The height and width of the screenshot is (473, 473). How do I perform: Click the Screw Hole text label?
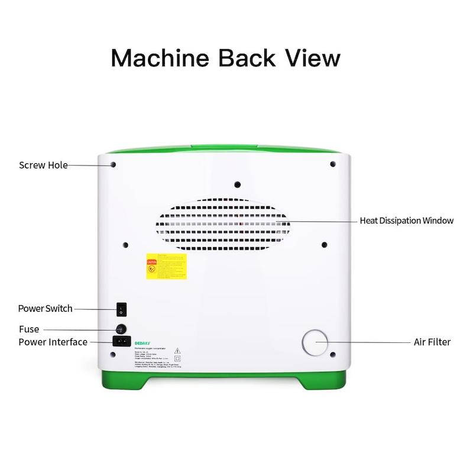[43, 165]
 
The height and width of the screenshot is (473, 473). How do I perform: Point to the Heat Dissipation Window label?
[407, 221]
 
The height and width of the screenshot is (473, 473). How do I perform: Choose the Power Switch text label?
[45, 308]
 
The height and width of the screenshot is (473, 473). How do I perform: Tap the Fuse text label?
[29, 329]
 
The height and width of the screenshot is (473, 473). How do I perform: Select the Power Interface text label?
[53, 342]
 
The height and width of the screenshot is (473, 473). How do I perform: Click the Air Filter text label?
[432, 342]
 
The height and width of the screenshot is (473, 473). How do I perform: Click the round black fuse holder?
[121, 329]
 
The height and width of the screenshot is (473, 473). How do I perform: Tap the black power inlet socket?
[121, 341]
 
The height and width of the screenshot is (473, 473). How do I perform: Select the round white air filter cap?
[315, 342]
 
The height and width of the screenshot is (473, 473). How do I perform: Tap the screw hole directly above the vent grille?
[237, 183]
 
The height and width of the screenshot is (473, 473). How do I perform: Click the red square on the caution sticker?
[151, 261]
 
